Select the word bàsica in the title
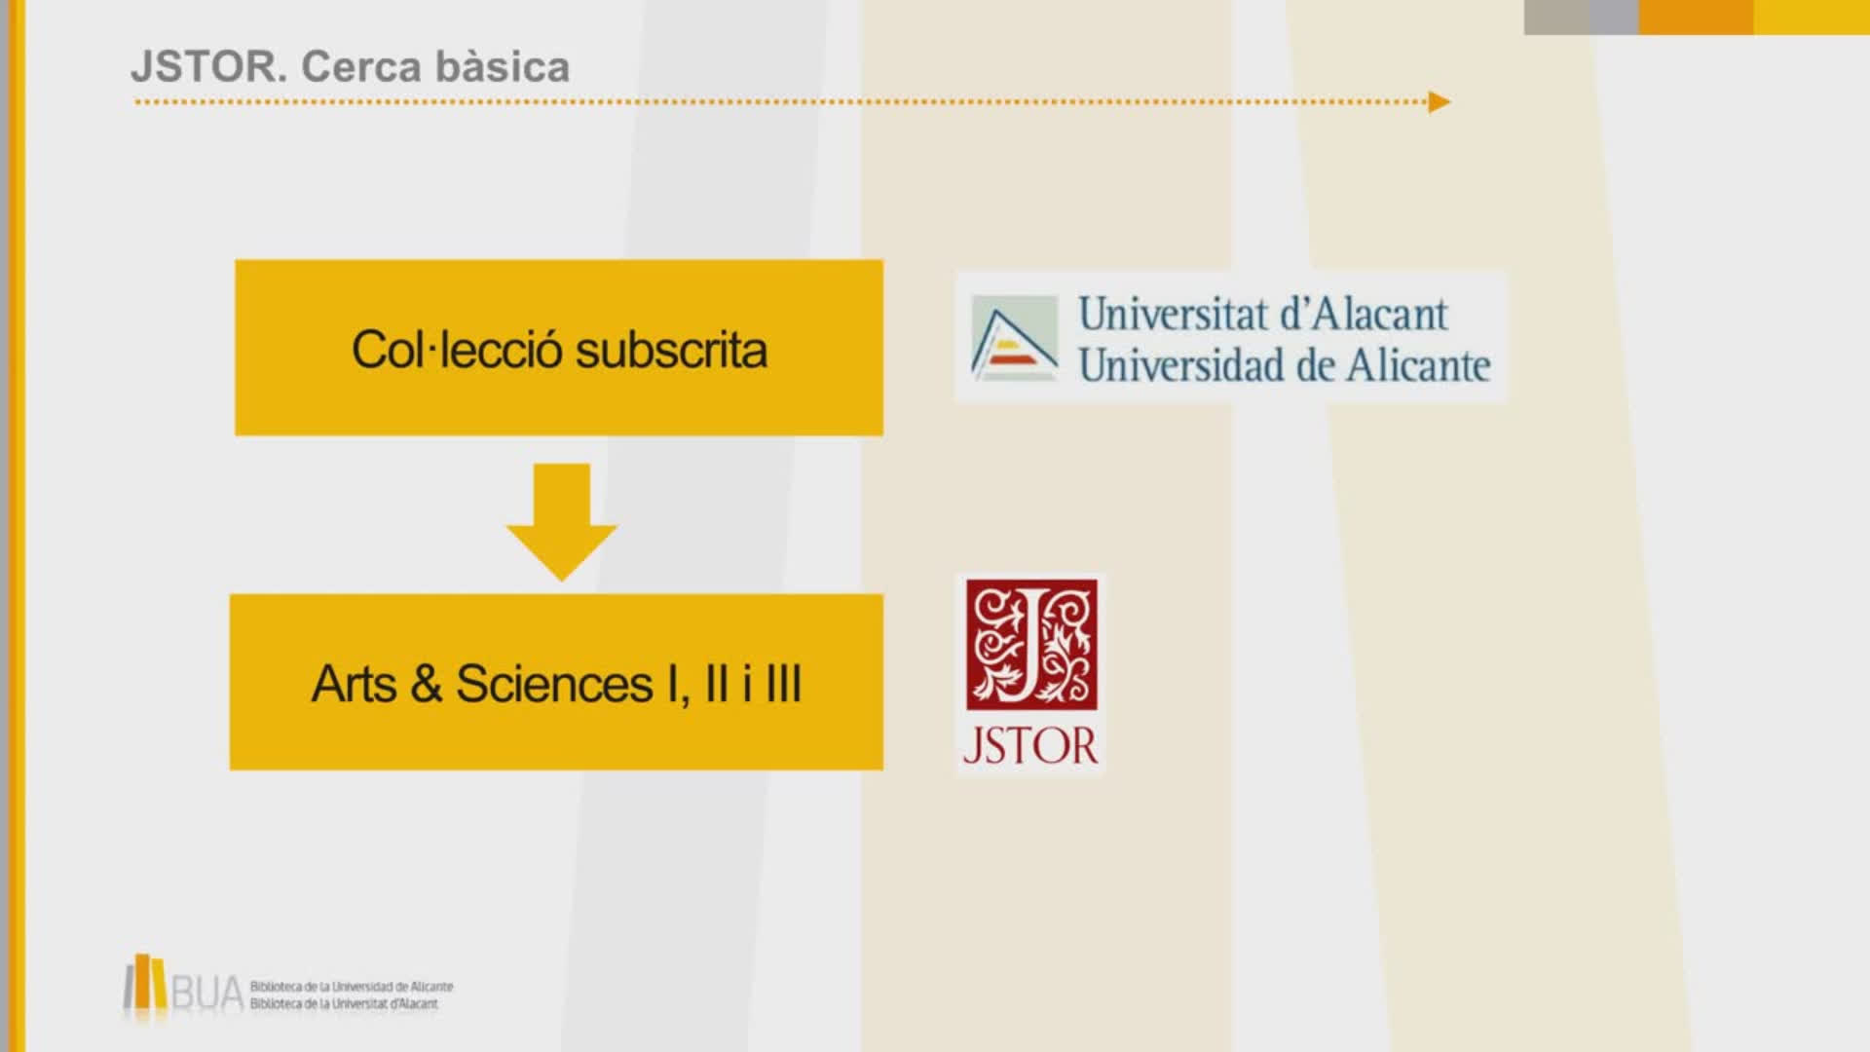[x=503, y=66]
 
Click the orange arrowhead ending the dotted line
[x=1440, y=102]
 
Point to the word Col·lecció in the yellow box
[x=456, y=350]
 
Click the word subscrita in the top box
[x=671, y=350]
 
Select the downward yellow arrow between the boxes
[x=562, y=522]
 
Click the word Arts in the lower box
[x=354, y=684]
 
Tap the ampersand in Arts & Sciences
[x=427, y=684]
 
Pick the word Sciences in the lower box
[x=554, y=684]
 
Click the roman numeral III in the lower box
[x=784, y=684]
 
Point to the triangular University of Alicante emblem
[x=1014, y=338]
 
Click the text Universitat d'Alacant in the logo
[x=1263, y=314]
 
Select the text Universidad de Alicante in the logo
[x=1285, y=365]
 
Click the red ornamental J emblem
[x=1031, y=645]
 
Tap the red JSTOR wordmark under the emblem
[x=1030, y=746]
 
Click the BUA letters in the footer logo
[x=206, y=994]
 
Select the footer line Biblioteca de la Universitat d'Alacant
[x=344, y=1004]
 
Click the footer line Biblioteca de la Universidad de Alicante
[x=352, y=987]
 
